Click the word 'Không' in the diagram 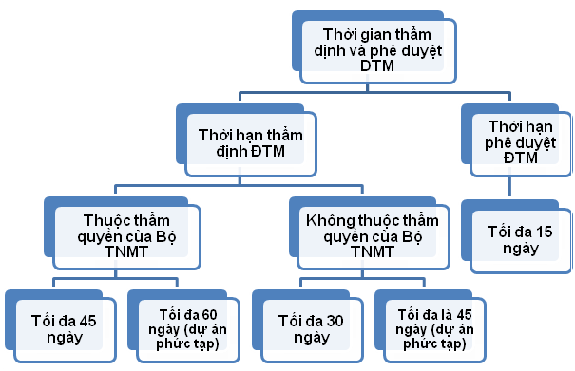pyautogui.click(x=325, y=219)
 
